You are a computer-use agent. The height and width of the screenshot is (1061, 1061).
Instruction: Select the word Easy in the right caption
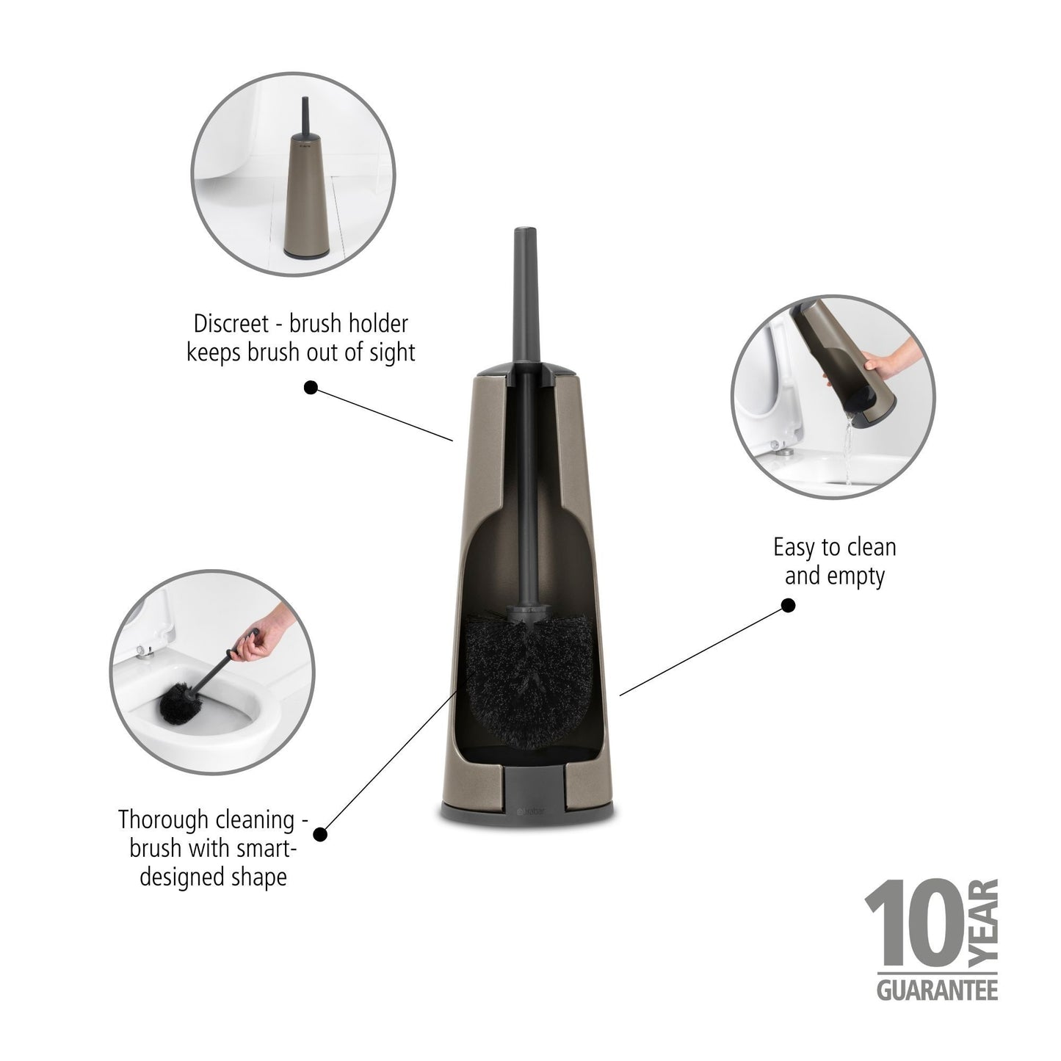point(796,548)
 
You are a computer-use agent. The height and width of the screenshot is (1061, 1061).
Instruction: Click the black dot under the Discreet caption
point(311,388)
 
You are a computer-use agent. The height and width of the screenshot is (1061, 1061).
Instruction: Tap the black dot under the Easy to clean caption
point(788,606)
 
